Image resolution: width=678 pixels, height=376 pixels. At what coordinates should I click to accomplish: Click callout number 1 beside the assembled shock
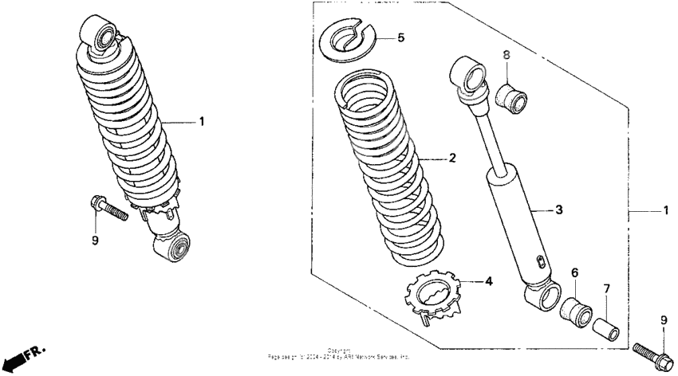click(x=202, y=122)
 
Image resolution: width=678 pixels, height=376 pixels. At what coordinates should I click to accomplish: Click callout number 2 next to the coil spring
click(x=451, y=159)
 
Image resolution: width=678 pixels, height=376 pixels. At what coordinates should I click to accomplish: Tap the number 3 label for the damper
click(x=559, y=210)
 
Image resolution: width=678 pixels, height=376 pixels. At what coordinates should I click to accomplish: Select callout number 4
click(x=489, y=281)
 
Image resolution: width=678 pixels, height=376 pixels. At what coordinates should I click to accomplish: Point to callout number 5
click(x=401, y=37)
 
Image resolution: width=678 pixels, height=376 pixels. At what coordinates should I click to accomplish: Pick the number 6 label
click(x=574, y=272)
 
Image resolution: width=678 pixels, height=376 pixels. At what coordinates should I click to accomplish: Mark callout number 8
click(x=505, y=54)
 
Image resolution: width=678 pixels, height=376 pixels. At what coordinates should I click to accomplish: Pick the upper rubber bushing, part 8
click(x=512, y=99)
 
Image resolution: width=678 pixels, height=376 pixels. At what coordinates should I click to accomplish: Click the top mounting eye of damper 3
click(x=468, y=74)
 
